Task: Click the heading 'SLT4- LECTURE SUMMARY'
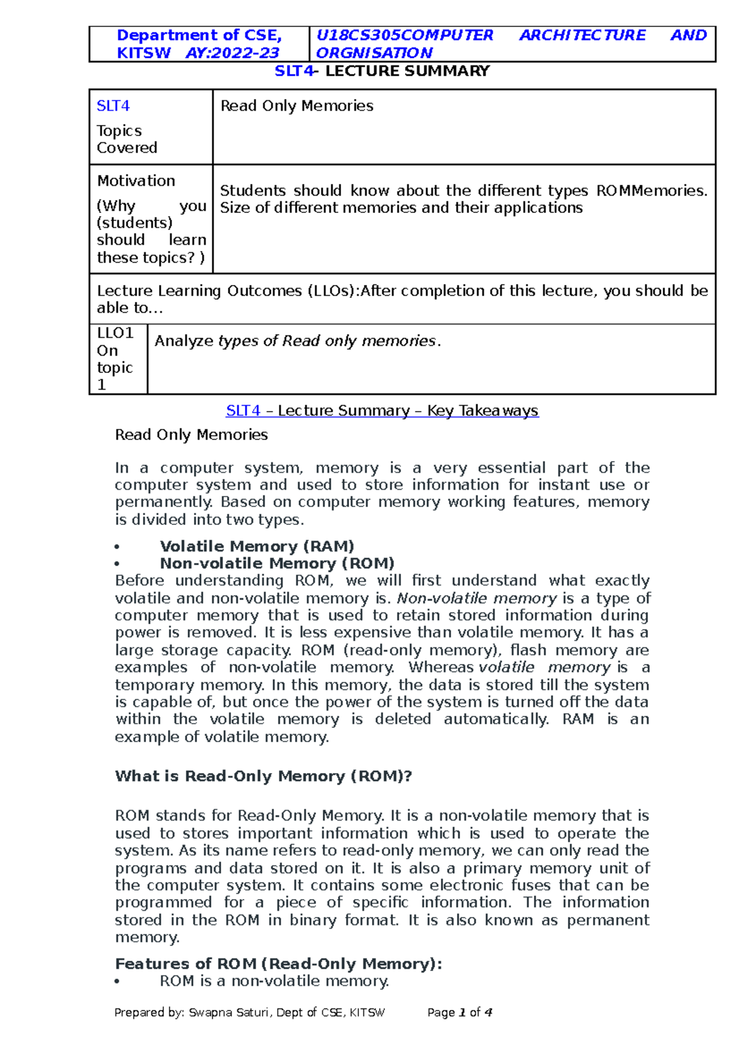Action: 382,71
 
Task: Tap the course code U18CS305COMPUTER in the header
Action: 405,35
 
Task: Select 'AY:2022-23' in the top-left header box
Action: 232,53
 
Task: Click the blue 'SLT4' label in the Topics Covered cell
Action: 113,106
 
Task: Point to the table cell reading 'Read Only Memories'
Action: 297,106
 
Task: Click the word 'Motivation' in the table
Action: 136,181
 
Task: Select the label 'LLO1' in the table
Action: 115,333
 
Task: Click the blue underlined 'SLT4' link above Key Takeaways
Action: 243,410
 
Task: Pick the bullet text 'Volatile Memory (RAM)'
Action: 257,546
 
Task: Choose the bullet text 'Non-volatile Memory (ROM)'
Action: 277,563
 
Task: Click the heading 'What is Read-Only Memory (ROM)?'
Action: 263,776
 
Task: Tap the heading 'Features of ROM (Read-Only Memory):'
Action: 278,964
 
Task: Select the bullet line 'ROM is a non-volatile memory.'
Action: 274,981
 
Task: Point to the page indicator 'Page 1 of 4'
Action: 459,1012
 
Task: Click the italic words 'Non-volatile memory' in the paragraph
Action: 477,598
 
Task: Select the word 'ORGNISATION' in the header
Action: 374,53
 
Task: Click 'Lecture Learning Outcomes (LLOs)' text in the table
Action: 227,290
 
